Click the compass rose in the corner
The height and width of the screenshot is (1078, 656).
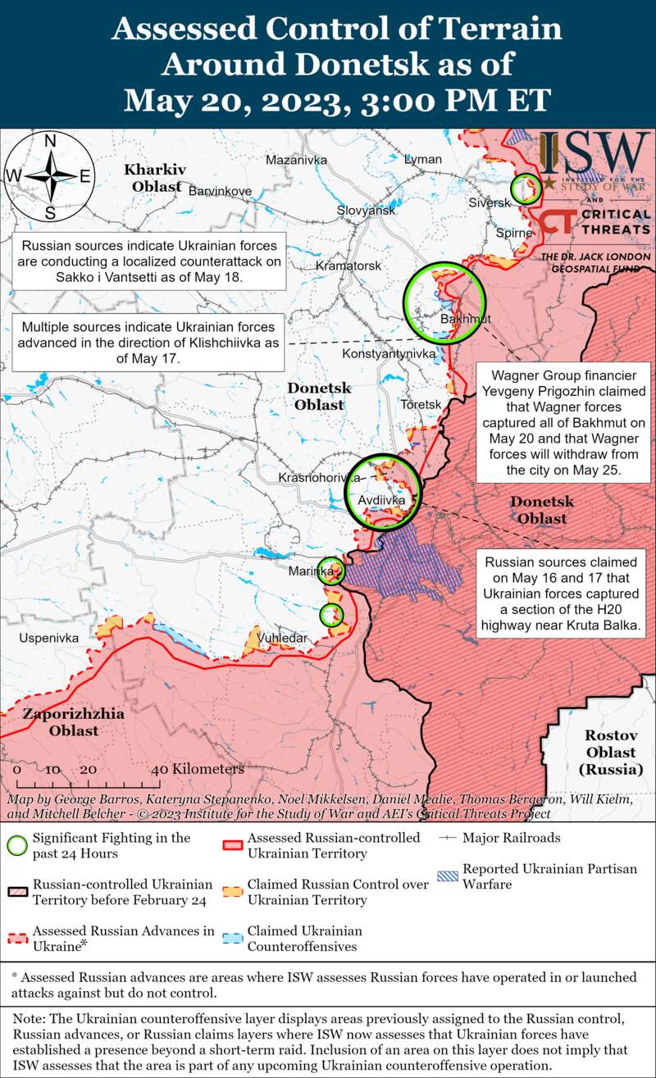tap(50, 176)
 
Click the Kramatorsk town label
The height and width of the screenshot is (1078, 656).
tap(349, 266)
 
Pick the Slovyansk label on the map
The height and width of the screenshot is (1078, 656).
tap(367, 211)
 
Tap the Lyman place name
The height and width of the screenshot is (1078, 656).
tap(423, 159)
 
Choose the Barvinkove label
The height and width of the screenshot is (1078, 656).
tap(220, 191)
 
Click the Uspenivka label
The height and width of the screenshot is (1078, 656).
tap(49, 637)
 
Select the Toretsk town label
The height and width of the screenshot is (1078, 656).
tap(421, 405)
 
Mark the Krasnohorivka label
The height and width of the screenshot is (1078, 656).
tap(320, 477)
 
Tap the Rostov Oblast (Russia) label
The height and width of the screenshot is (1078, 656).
tap(611, 752)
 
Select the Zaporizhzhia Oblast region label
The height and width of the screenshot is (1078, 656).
tap(74, 721)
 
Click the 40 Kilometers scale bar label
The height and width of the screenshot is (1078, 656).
tap(198, 770)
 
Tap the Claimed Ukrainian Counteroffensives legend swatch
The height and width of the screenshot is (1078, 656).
tap(233, 939)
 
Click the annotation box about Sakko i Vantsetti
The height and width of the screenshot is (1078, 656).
tap(150, 262)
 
